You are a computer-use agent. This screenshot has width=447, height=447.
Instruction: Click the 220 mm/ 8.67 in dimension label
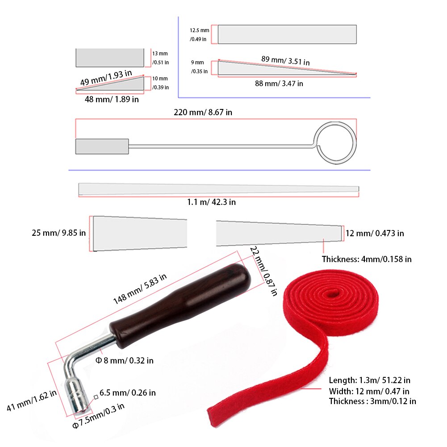(x=203, y=113)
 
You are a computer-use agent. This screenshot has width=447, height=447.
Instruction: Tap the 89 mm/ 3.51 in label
(x=285, y=60)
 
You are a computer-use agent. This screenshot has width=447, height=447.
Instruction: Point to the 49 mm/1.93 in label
(x=106, y=78)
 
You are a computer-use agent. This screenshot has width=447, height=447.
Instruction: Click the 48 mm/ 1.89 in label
(x=112, y=100)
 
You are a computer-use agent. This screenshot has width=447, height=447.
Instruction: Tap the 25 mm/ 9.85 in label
(x=58, y=233)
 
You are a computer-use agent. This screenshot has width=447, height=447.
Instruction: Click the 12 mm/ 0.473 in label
(x=375, y=233)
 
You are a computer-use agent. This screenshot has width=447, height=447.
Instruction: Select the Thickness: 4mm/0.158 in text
(x=367, y=259)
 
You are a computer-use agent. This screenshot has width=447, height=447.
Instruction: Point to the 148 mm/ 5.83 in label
(x=139, y=289)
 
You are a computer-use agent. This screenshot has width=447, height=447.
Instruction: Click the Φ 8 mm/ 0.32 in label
(x=125, y=360)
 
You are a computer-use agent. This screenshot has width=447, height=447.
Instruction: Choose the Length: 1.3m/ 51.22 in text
(x=369, y=380)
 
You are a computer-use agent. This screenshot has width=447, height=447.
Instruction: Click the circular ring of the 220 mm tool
(x=335, y=142)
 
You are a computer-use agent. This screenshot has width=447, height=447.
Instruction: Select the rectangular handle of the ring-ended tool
(x=102, y=146)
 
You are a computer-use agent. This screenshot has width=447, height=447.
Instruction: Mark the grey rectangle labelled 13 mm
(x=110, y=58)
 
